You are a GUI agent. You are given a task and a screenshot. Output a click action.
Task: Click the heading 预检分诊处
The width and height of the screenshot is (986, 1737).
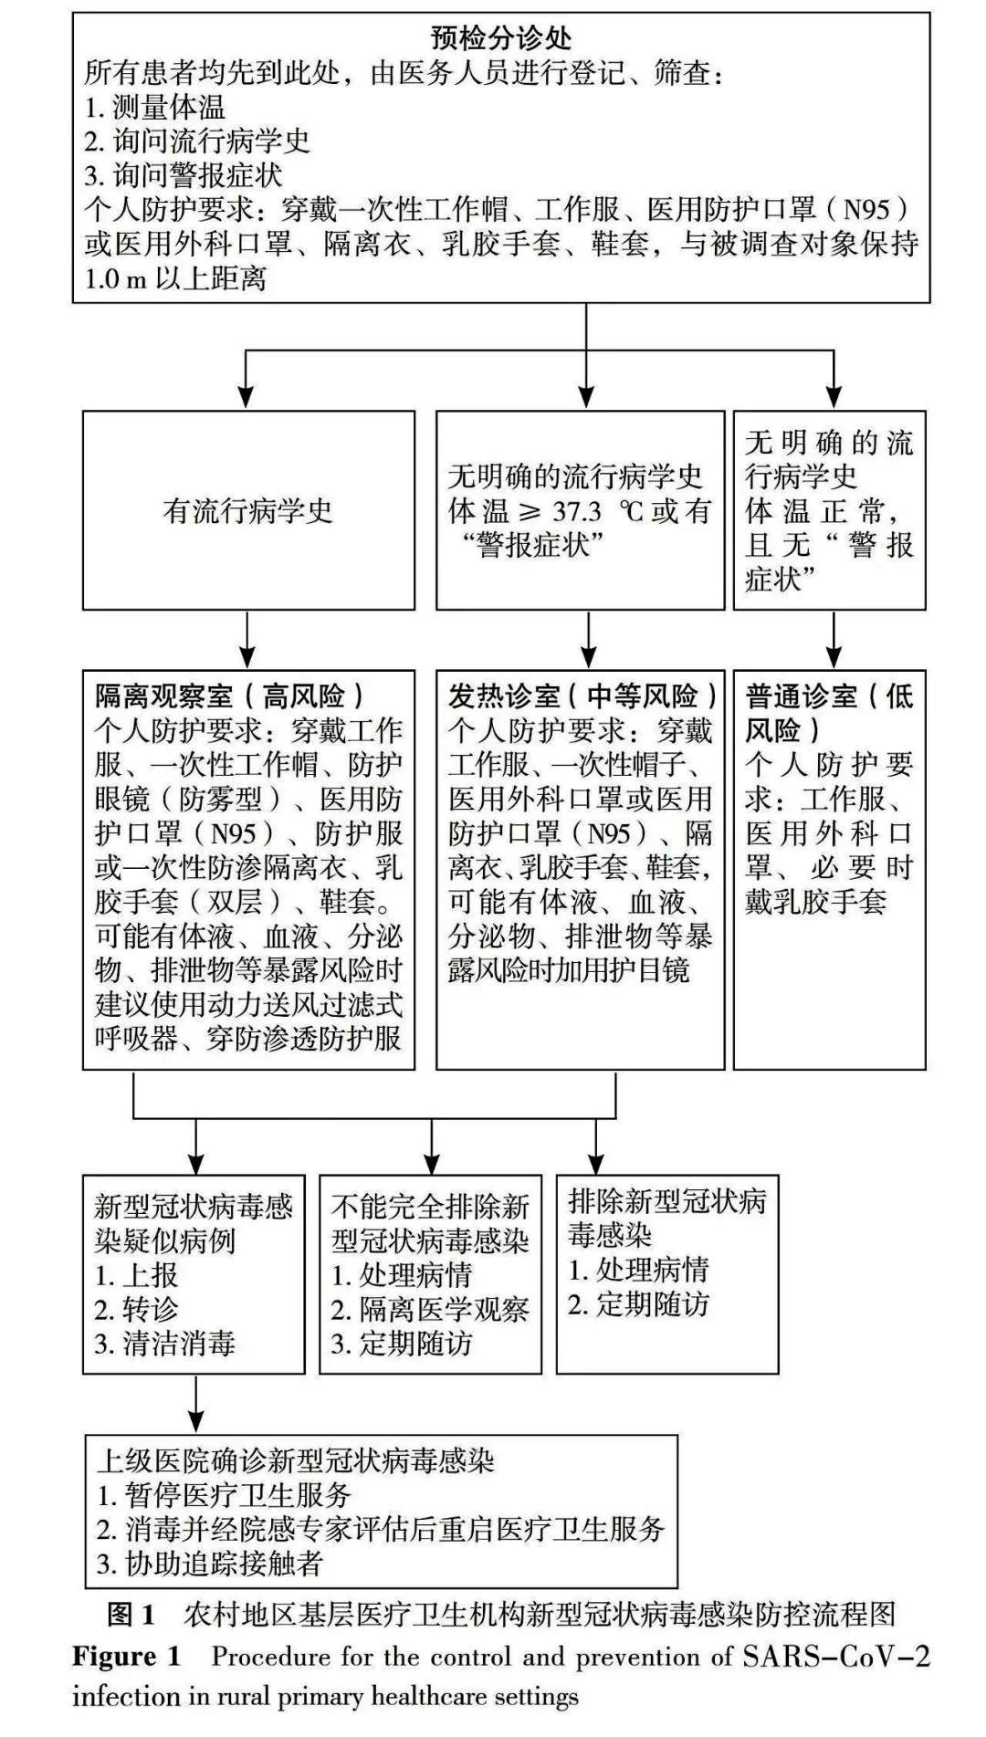coord(500,38)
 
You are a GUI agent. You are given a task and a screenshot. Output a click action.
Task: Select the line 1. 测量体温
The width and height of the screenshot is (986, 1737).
coord(154,107)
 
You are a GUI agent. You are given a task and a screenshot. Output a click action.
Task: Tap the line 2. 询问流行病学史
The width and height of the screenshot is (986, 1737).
coord(197,141)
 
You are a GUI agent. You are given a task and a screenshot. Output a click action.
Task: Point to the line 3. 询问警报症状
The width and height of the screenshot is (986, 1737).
coord(183,175)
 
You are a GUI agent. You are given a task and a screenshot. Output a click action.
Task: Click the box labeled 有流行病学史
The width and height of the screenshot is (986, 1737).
coord(248,510)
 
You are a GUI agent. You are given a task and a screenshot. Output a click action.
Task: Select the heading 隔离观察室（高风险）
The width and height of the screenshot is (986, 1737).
coord(229,696)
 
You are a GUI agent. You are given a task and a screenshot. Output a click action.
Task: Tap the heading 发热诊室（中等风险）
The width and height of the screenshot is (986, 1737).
coord(582,696)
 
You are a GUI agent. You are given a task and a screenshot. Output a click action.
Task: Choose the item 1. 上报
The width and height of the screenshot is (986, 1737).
coord(136,1275)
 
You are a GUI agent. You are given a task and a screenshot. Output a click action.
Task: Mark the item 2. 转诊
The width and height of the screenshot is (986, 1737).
coord(136,1309)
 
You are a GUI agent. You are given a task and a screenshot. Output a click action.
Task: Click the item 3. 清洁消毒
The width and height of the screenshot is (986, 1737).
coord(164,1344)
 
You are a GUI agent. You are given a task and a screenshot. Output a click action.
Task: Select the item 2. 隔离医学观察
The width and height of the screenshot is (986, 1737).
coord(429,1310)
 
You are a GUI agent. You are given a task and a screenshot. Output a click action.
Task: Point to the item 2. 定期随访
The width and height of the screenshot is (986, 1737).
coord(638,1304)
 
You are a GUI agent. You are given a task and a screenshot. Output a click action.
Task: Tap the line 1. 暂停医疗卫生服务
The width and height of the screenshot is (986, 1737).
coord(224,1495)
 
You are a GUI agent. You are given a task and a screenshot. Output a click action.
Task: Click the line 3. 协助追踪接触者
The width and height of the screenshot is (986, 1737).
coord(210,1564)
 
